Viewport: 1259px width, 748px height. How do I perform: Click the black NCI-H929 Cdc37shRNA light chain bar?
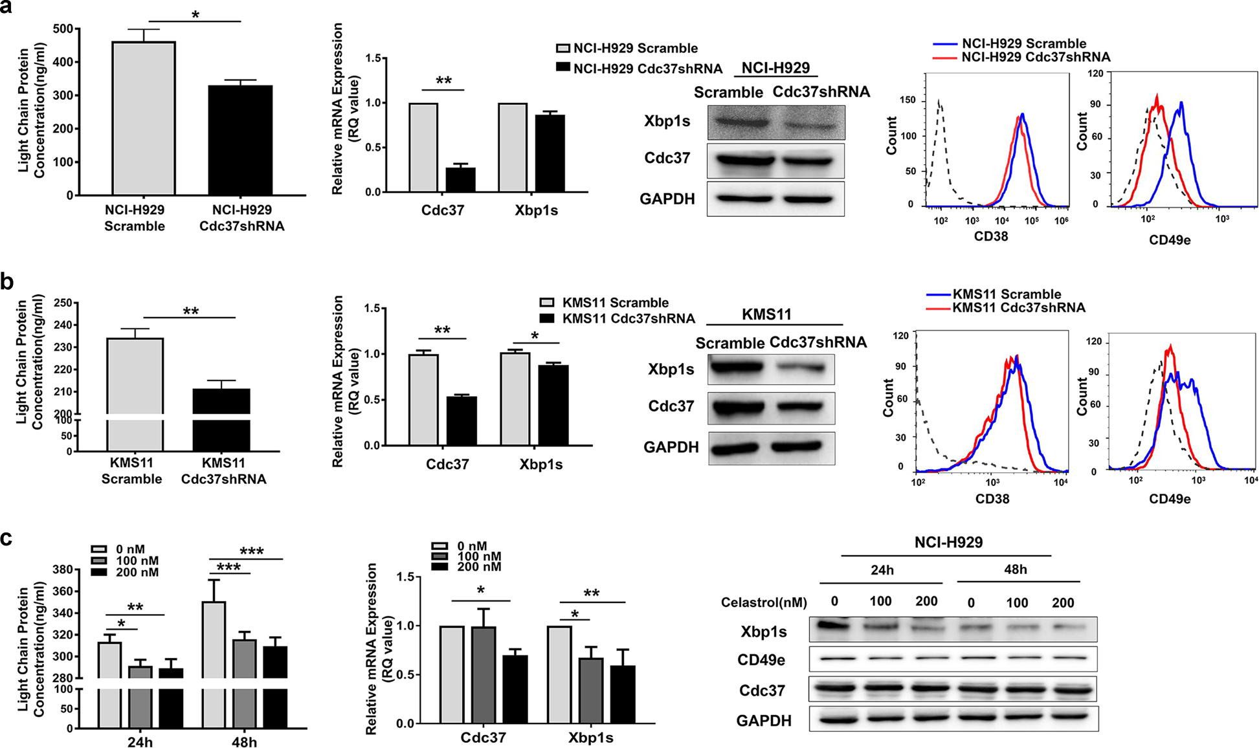point(240,140)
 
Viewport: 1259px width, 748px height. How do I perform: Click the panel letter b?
point(7,282)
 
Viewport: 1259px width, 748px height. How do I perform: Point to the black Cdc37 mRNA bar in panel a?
point(460,180)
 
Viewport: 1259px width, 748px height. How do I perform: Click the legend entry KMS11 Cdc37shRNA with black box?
point(618,318)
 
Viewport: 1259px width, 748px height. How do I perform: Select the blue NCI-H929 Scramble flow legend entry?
point(1010,44)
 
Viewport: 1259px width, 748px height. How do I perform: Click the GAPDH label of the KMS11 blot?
point(671,447)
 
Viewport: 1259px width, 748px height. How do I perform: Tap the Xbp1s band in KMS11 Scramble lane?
point(737,368)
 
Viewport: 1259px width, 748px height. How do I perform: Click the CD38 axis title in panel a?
point(990,236)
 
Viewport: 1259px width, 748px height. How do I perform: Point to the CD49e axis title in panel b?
point(1169,499)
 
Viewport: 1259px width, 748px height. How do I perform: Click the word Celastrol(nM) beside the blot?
point(763,602)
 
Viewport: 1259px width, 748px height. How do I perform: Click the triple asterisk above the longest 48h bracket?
point(251,551)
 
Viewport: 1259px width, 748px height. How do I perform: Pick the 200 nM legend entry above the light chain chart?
point(126,572)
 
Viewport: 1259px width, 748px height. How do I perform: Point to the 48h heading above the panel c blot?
point(1015,569)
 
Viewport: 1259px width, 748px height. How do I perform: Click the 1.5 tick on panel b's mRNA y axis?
point(372,308)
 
